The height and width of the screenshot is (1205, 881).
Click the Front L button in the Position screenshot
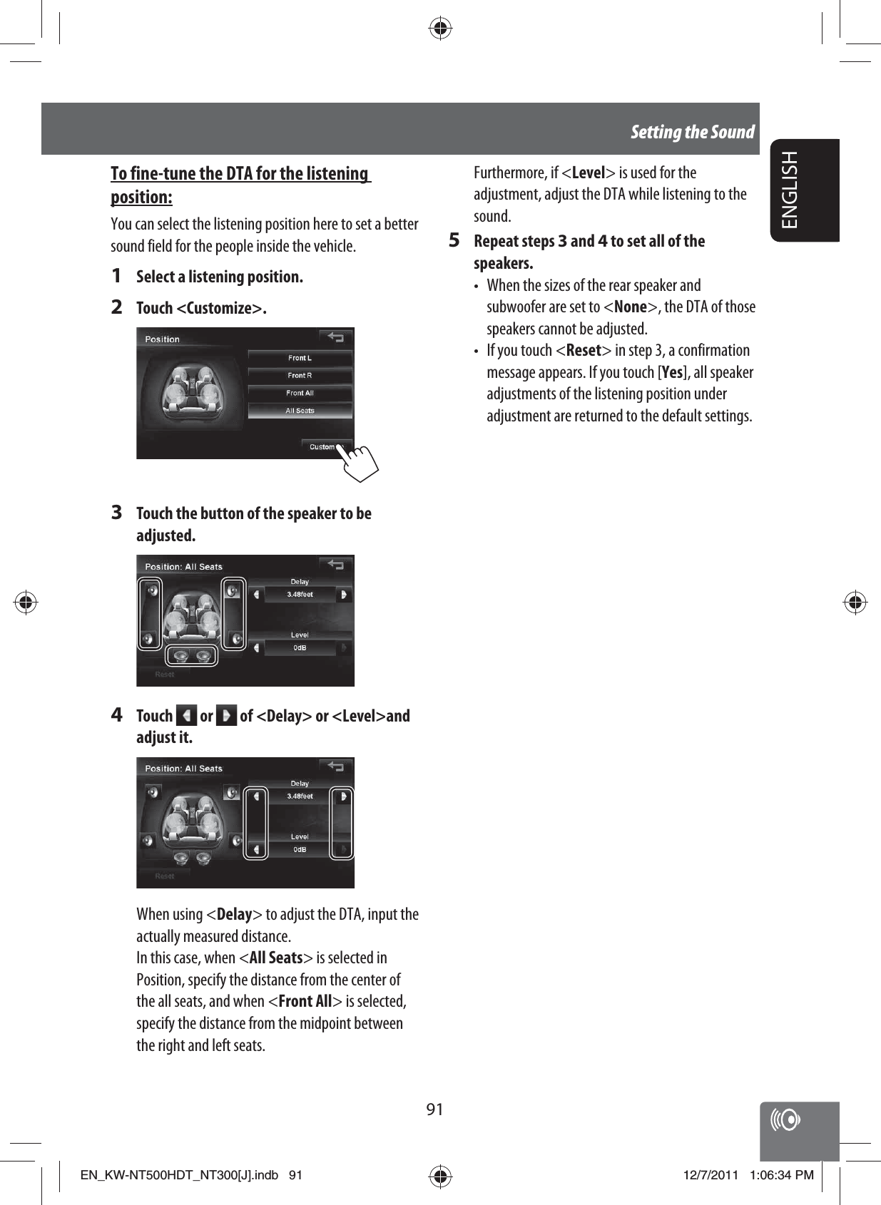tap(300, 358)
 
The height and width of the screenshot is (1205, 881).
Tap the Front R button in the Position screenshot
tap(300, 376)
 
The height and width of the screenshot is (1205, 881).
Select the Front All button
tap(300, 393)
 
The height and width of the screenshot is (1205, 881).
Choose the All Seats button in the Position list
tap(300, 411)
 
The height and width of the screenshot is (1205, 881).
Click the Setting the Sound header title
tap(692, 132)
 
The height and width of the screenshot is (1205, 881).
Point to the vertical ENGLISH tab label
tap(790, 190)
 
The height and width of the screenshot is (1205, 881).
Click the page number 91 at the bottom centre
tap(434, 1109)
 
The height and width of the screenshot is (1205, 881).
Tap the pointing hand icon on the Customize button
tap(360, 461)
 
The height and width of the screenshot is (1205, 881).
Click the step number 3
tap(117, 513)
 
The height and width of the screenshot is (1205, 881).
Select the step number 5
tap(454, 240)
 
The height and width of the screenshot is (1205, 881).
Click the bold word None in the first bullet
tap(631, 307)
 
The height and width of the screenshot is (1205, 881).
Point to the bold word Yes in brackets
tap(671, 372)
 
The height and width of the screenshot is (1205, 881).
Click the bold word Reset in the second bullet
tap(584, 350)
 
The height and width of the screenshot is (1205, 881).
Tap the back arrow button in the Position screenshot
tap(335, 337)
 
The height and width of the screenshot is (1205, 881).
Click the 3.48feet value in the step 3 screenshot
tap(300, 594)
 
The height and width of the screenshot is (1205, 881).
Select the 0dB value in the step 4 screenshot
tap(300, 849)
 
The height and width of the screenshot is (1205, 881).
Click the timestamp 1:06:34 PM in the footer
tap(781, 1175)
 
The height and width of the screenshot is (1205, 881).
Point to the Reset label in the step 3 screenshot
tap(165, 674)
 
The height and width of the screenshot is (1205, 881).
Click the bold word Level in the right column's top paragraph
tap(589, 173)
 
